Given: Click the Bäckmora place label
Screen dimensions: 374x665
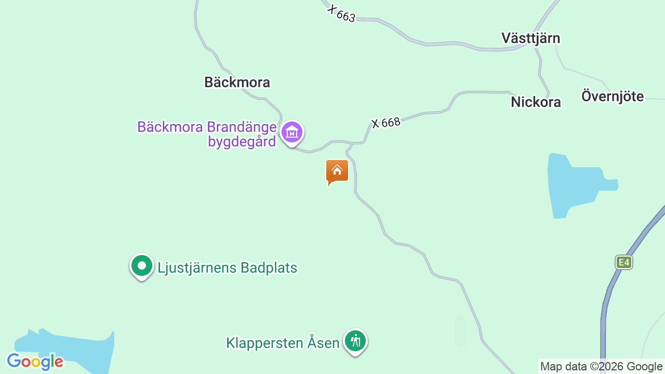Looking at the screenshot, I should [237, 82].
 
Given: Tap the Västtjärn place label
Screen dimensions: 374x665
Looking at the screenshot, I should [530, 38].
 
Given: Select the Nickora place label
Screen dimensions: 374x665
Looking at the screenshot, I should [536, 102].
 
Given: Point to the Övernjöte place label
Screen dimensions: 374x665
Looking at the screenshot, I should [613, 96].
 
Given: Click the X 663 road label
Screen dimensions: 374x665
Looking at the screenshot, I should [341, 14].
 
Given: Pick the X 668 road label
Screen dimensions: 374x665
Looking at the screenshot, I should [386, 123].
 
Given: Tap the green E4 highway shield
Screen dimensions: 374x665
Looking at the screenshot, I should [623, 262].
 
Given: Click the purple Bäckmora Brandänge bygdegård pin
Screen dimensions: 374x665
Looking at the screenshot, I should [292, 132].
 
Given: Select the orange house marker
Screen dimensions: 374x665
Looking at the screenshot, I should [337, 171].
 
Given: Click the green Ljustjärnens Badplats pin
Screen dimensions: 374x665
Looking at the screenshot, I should [141, 266].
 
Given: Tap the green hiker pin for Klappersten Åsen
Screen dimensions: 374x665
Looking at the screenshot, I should [355, 341].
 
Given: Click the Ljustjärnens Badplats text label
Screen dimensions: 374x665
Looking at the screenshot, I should [227, 268].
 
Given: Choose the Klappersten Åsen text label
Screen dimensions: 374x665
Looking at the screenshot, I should [283, 343].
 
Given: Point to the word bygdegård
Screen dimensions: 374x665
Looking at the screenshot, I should [242, 141].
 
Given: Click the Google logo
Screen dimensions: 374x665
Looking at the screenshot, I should [35, 362].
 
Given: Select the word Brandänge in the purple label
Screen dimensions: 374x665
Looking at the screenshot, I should [241, 127].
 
